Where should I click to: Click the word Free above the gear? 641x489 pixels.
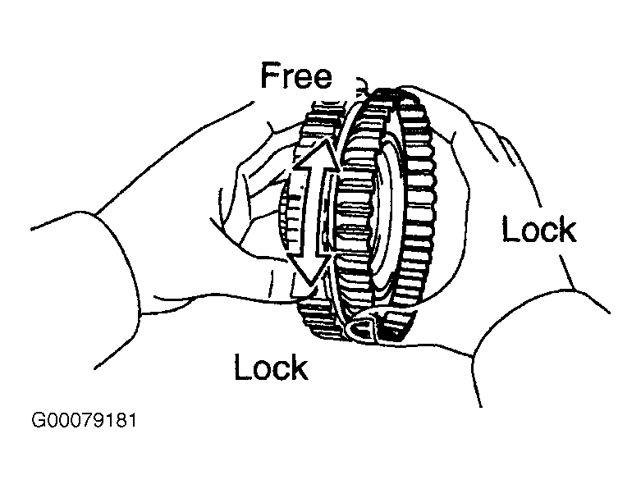(296, 75)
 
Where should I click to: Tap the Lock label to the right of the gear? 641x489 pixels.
(538, 230)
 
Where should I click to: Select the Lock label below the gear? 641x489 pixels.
(271, 367)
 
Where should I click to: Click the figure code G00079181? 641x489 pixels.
(84, 420)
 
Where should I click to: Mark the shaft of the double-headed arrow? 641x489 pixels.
(313, 212)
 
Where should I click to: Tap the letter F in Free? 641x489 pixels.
(270, 75)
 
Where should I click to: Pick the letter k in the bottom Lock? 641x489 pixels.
(300, 367)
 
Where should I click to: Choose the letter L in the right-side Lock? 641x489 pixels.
(511, 230)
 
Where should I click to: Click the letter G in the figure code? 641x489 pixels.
(39, 420)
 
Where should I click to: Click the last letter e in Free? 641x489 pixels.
(322, 80)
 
